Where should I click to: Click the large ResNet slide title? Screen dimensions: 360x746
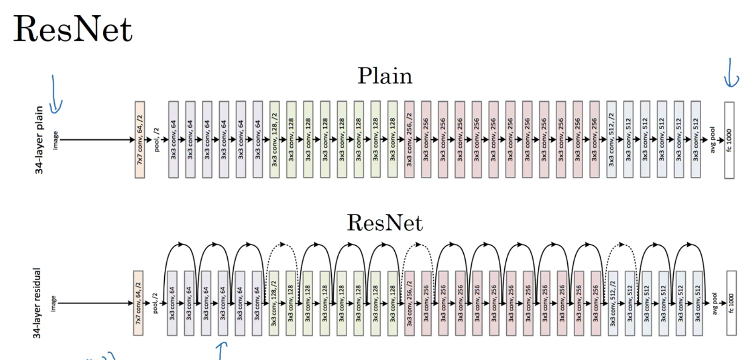[x=73, y=29]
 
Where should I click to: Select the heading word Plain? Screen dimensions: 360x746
[x=385, y=76]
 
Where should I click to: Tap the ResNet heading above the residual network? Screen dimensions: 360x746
[x=385, y=223]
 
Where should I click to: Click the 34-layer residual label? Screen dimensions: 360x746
[x=37, y=303]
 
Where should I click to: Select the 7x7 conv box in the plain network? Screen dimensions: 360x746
[x=139, y=140]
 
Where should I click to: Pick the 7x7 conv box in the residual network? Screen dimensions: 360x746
[x=138, y=303]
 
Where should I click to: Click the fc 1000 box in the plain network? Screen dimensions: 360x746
[x=729, y=140]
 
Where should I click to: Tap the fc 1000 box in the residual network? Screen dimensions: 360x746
[x=731, y=303]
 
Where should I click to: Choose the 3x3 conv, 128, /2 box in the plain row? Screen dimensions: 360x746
[x=274, y=140]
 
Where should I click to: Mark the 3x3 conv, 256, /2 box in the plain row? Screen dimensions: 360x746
[x=409, y=140]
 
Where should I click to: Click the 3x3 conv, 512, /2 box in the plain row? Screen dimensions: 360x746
[x=611, y=140]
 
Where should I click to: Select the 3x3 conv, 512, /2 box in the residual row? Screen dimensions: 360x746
[x=613, y=303]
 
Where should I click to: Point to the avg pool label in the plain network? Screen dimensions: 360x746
[x=713, y=140]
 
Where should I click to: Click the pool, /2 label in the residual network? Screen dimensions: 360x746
[x=155, y=303]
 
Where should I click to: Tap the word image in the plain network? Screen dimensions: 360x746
[x=56, y=140]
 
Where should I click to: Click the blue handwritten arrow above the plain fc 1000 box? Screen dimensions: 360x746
[x=731, y=73]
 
